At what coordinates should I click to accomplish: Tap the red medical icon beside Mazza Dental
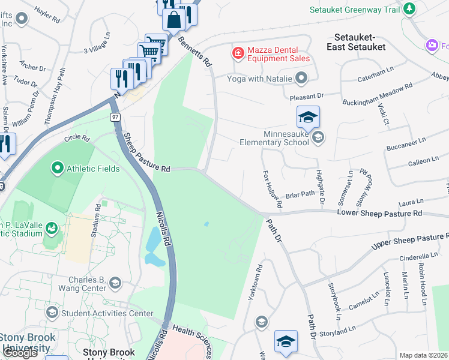tap(238, 53)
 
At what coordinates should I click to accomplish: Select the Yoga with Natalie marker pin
tap(301, 78)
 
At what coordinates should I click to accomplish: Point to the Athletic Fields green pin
tap(58, 168)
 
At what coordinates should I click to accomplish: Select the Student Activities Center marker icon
tap(52, 313)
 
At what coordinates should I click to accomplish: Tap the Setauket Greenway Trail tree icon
tap(409, 9)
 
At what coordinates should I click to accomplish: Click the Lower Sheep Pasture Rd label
tap(379, 212)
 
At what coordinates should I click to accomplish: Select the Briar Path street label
tap(300, 194)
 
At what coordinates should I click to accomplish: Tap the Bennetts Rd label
tap(196, 51)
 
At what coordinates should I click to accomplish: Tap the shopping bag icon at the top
tap(173, 19)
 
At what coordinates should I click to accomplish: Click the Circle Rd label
tap(77, 139)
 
